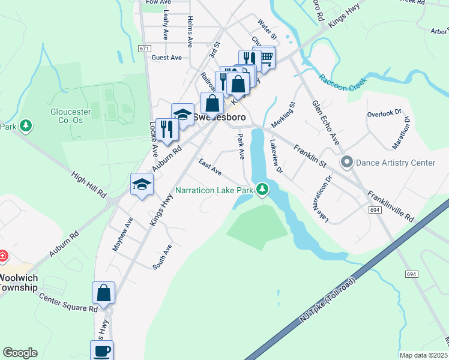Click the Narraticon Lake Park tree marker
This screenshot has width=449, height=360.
[262, 190]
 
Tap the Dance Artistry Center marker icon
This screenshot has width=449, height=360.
[346, 162]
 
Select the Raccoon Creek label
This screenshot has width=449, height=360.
[342, 83]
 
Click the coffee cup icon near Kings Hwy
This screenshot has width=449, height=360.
[101, 350]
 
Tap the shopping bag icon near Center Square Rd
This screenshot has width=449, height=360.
[103, 293]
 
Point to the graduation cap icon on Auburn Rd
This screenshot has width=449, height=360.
[142, 184]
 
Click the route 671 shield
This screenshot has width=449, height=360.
[143, 48]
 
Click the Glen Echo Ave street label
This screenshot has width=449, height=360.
[325, 122]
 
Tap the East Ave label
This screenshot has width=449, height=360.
[210, 168]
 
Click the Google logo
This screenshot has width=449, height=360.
[20, 353]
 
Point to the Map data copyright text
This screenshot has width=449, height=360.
[423, 355]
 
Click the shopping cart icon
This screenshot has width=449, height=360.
[264, 59]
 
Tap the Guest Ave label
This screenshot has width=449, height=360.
[166, 58]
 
